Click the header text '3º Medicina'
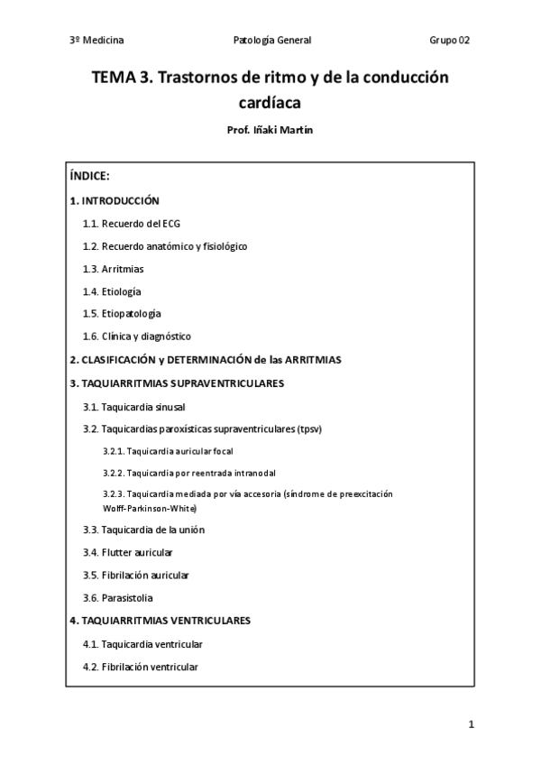pos(96,41)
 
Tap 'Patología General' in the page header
pos(271,41)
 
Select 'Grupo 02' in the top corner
pos(449,41)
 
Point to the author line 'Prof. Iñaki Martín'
pos(270,130)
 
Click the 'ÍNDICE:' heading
pos(89,176)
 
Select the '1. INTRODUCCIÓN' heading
pos(115,200)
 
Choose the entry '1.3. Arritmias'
pos(113,269)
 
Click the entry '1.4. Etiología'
pos(112,291)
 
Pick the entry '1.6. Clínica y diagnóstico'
pos(136,336)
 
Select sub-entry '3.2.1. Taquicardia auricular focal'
pos(174,450)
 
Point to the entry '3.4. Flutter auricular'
pos(128,552)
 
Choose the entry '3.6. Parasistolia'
pos(118,598)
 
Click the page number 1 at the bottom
pos(471,724)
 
